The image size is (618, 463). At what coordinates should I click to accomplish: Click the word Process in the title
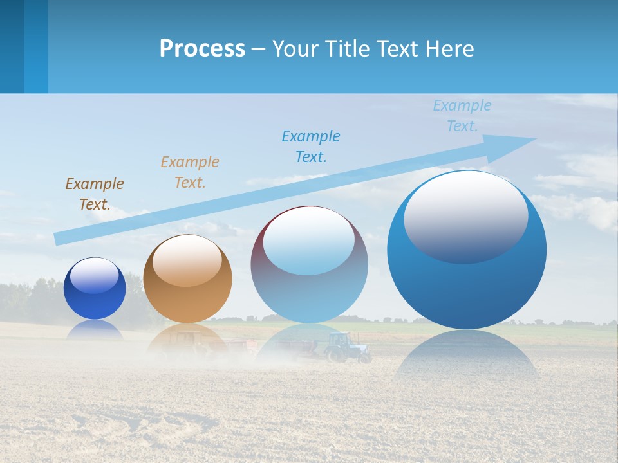point(202,49)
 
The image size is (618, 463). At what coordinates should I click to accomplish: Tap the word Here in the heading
point(450,49)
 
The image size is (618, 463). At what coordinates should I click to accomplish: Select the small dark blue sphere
point(95,288)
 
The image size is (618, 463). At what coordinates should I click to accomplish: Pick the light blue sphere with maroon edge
point(309,265)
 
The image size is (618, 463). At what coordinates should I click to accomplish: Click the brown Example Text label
point(95,194)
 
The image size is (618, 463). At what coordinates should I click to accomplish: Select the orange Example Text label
point(190,172)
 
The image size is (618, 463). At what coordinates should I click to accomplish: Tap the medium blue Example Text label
point(311,147)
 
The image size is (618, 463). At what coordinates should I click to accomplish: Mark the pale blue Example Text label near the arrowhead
point(462,116)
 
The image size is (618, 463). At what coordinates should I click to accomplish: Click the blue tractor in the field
point(346,347)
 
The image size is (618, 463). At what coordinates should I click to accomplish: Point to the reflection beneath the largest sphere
point(467,354)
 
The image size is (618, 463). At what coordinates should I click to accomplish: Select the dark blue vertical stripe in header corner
point(12,46)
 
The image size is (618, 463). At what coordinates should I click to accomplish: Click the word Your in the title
point(293,49)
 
